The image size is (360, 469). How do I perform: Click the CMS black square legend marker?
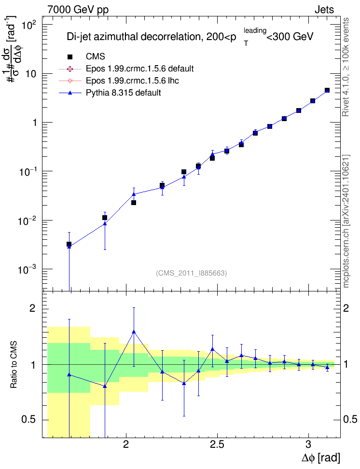click(69, 56)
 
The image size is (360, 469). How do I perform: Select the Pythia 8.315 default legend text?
click(123, 93)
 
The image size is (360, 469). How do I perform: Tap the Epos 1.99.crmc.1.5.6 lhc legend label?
click(132, 81)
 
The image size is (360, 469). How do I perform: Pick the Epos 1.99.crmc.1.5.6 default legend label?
click(140, 69)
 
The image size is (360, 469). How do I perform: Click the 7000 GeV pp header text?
click(78, 10)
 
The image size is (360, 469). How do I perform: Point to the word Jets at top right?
click(324, 10)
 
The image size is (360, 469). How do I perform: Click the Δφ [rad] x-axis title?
click(320, 457)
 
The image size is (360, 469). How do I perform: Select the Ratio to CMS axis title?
click(14, 364)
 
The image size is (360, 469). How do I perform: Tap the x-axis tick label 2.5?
click(217, 444)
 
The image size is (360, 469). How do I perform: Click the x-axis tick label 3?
click(308, 444)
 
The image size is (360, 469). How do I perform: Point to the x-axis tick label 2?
click(125, 444)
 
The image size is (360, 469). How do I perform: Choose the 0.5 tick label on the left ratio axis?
click(29, 419)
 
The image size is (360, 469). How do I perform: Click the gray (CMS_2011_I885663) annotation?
click(191, 273)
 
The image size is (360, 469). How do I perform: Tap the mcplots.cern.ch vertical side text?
click(346, 221)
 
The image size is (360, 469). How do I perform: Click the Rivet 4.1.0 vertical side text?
click(346, 67)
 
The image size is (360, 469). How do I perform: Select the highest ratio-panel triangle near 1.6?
click(134, 331)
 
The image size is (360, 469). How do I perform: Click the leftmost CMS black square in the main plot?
click(69, 244)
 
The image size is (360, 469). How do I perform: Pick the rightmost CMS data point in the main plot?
click(327, 90)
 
